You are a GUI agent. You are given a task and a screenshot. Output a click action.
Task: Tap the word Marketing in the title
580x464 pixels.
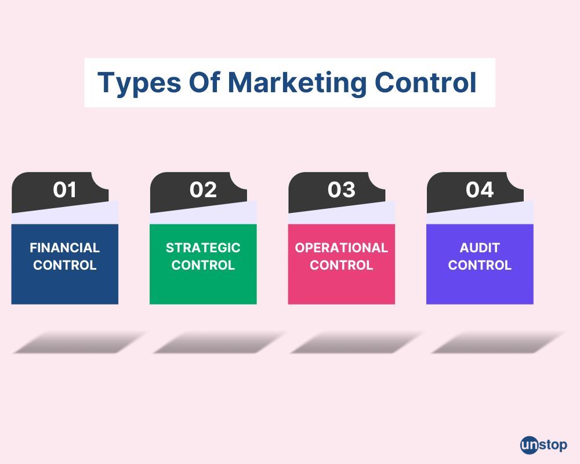pos(297,83)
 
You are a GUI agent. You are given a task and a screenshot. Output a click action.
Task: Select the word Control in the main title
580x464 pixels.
pos(425,82)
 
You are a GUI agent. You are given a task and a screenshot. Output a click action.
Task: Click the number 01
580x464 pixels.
pos(64,190)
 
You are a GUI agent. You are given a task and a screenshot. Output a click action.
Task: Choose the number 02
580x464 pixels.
pos(203,190)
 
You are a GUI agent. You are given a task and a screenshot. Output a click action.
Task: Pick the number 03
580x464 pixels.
pos(341,190)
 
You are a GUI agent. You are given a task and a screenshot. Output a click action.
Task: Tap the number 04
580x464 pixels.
pos(480,190)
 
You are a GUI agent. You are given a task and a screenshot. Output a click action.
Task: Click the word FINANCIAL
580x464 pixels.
pos(65,248)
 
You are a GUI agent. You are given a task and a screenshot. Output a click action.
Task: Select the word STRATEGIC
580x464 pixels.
pos(203,248)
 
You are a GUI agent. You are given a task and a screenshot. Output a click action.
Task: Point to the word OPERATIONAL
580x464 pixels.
pos(341,248)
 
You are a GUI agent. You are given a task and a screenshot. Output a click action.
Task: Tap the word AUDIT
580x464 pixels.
pos(480,248)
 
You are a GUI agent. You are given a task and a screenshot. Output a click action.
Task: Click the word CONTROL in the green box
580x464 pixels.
pos(203,266)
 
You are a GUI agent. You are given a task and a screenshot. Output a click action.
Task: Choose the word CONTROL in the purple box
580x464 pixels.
pos(480,266)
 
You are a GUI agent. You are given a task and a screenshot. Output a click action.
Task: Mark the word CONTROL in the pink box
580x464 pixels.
pos(341,266)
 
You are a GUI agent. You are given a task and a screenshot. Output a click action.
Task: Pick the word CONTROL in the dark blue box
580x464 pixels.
pos(65,266)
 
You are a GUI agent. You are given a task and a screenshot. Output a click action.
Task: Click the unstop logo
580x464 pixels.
pos(543,445)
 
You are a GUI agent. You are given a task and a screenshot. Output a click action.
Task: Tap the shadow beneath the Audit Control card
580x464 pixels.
pos(497,342)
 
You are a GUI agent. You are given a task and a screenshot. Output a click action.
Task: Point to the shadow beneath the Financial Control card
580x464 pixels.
pos(79,342)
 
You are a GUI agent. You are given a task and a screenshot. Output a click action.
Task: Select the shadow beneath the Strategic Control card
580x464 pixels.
pos(219,342)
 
